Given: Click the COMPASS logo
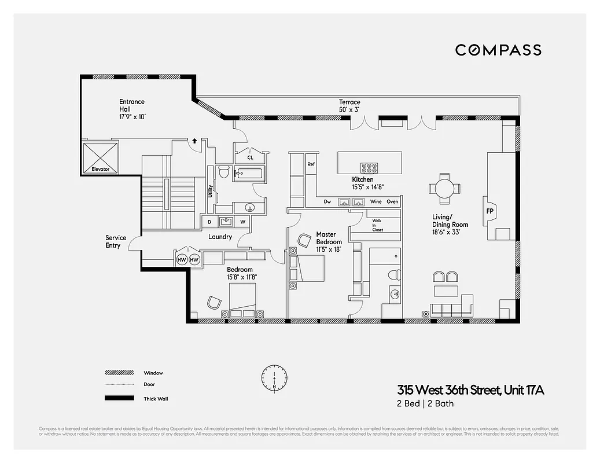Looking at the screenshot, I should click(x=498, y=50).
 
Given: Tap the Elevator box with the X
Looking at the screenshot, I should click(x=101, y=158).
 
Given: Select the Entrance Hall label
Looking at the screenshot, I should click(x=132, y=109).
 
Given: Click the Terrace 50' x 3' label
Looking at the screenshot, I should click(x=349, y=105).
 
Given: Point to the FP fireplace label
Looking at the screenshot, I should click(x=489, y=211).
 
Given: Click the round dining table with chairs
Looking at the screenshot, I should click(x=445, y=189).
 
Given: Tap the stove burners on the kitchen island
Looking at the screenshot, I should click(x=368, y=168).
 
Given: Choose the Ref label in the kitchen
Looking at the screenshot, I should click(x=311, y=164).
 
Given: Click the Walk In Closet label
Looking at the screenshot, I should click(x=377, y=225).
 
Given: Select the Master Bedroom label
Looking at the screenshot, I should click(x=329, y=241).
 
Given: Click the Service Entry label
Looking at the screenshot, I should click(x=115, y=241).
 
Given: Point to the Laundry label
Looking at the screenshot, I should click(x=220, y=237).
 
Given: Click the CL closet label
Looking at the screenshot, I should click(x=250, y=157).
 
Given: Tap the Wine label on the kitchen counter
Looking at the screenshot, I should click(x=376, y=202).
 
